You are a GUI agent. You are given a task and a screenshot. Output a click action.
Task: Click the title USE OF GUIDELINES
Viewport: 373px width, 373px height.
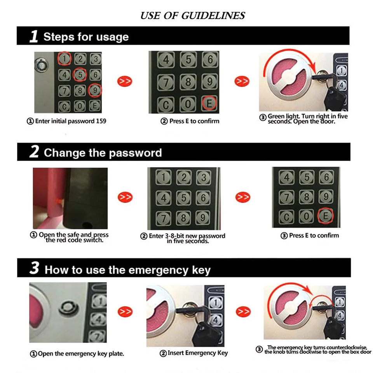coord(193,16)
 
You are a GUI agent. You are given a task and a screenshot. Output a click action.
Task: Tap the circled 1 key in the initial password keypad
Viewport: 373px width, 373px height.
coord(64,59)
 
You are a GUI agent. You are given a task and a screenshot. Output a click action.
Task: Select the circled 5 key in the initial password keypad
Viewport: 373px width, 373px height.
coord(80,74)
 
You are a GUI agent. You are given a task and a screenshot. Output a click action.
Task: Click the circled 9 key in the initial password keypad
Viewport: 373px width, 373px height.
coord(95,90)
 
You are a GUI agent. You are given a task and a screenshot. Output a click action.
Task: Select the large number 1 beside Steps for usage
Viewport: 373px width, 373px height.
coord(34,37)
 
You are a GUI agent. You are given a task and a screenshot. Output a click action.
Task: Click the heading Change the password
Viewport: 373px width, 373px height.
coord(103,153)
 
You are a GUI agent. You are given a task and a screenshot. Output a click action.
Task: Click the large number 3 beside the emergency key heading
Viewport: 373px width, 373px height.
coord(35,268)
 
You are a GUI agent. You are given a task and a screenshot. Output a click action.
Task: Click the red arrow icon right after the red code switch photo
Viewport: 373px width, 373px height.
coord(125,197)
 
